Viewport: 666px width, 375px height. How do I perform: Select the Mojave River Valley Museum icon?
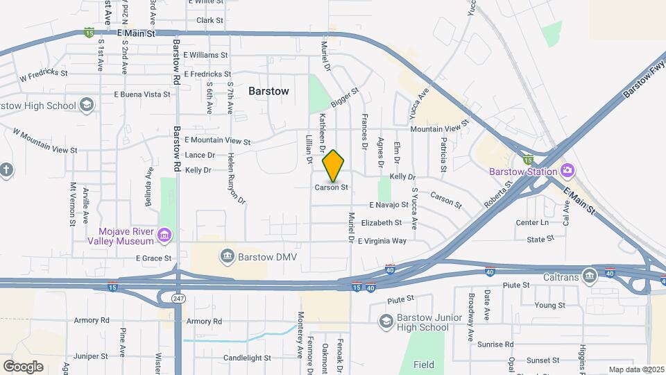[164, 235]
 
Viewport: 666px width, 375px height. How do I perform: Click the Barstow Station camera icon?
[567, 171]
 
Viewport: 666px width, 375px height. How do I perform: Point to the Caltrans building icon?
[590, 276]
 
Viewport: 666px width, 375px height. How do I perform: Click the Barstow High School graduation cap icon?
[87, 106]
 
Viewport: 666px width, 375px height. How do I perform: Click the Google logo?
[23, 366]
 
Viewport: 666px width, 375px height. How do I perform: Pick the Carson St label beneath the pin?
[331, 187]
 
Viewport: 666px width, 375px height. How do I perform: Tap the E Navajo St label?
[393, 206]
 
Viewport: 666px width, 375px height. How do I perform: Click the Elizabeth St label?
[381, 223]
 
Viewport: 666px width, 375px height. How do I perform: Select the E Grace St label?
[153, 258]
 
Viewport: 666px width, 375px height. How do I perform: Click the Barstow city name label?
[268, 91]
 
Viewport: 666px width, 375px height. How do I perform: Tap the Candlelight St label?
[246, 358]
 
